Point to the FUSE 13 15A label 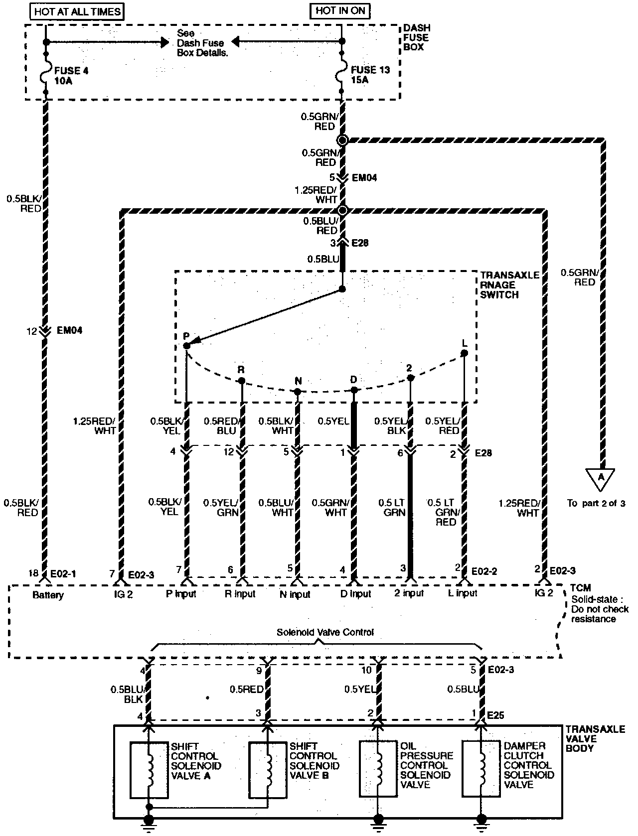[370, 75]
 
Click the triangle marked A [601, 477]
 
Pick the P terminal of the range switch [186, 345]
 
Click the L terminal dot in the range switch [464, 353]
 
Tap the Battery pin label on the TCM [48, 595]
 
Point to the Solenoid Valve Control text [325, 632]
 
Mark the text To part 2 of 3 [596, 503]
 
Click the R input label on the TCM [240, 593]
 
